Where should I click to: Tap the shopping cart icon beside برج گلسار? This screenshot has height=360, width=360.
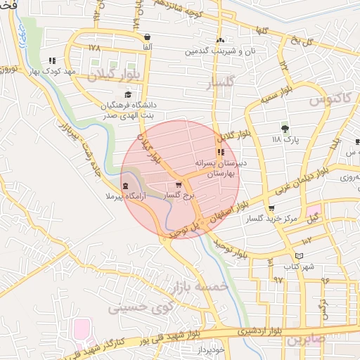click(x=178, y=184)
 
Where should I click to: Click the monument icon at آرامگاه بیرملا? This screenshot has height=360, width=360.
click(x=125, y=186)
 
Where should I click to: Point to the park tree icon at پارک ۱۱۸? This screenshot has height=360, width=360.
click(x=285, y=128)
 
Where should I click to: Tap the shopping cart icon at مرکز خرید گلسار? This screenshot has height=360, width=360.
click(x=271, y=208)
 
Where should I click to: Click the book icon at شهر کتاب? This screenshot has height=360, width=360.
click(x=300, y=256)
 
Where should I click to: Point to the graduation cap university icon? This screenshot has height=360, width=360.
click(x=127, y=94)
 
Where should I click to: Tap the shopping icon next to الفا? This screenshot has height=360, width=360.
click(x=147, y=37)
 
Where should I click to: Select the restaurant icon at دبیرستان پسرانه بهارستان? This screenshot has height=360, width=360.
click(x=221, y=152)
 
